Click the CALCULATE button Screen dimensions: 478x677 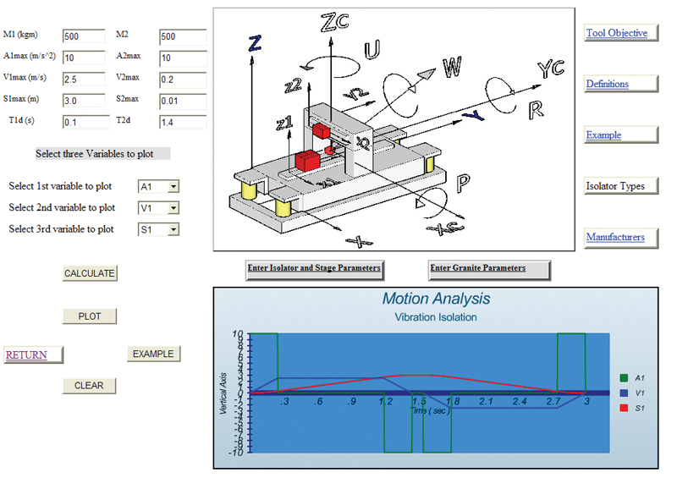coord(90,273)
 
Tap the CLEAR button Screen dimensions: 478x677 coord(89,386)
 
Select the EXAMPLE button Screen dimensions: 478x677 coord(153,354)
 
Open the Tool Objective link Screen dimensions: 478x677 coord(617,33)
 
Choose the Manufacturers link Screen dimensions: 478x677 coord(615,237)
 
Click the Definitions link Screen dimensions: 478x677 coord(608,84)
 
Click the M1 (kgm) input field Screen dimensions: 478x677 coord(85,37)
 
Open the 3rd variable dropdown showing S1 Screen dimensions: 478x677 coord(158,229)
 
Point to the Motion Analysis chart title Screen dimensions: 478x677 coord(436,299)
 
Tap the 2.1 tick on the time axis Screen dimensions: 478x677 coord(485,401)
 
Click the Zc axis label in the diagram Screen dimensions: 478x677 coord(336,23)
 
